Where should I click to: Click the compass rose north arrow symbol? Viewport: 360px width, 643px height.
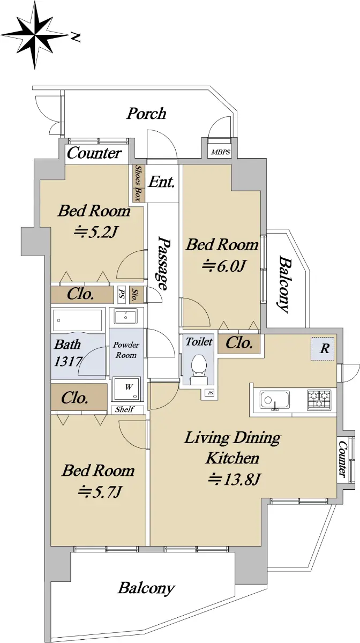[35, 35]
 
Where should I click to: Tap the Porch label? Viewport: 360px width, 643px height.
[146, 114]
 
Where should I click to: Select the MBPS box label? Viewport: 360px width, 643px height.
[221, 152]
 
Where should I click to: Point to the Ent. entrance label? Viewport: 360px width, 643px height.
[161, 182]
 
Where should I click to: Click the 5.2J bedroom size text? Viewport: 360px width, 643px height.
[95, 233]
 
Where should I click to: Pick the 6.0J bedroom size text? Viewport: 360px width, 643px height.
[223, 266]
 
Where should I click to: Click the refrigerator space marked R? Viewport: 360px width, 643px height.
[323, 349]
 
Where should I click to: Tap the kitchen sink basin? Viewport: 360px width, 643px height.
[275, 400]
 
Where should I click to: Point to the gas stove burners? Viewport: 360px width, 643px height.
[319, 399]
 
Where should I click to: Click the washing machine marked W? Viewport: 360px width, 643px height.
[126, 388]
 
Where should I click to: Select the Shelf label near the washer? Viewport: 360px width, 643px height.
[125, 409]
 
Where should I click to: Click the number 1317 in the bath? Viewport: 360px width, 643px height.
[68, 361]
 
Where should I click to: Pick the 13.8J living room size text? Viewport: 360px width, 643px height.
[234, 479]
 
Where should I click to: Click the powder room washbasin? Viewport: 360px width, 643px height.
[125, 317]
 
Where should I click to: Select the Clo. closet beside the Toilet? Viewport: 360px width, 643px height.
[239, 343]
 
